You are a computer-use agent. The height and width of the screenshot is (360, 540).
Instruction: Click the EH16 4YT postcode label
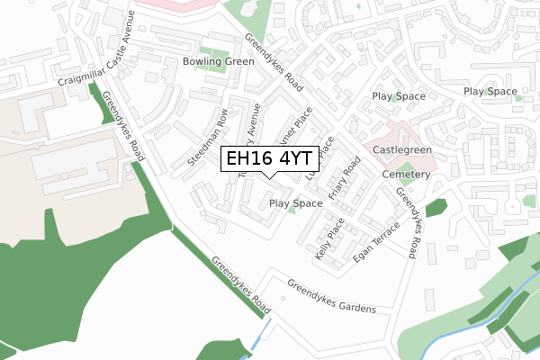pos(271,159)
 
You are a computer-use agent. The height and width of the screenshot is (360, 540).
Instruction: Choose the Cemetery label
pos(406,173)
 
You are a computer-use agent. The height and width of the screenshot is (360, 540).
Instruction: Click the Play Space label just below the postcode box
pos(295,204)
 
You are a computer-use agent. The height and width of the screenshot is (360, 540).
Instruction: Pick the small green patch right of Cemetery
pos(436,208)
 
